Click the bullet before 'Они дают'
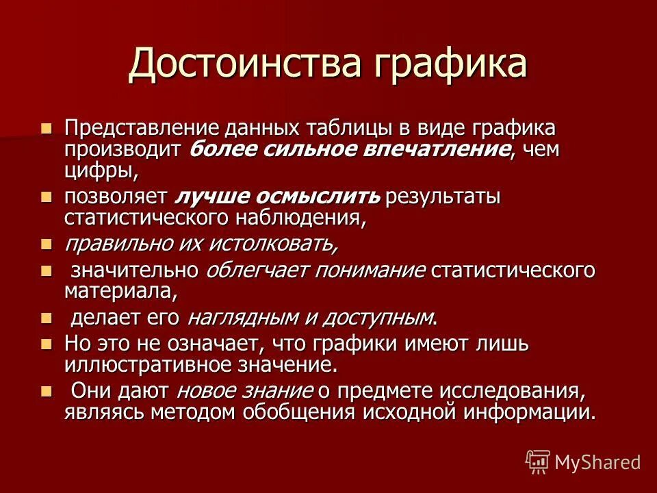pos(47,391)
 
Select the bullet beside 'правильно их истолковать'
pos(47,243)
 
